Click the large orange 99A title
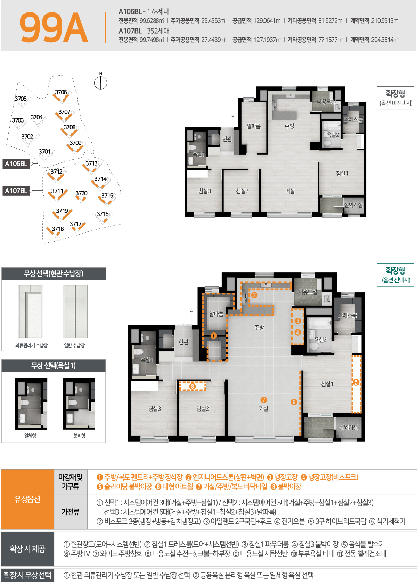(54, 27)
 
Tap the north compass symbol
(100, 83)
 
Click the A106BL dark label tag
(16, 164)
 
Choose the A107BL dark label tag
(16, 191)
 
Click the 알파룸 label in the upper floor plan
(254, 126)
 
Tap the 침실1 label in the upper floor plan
(342, 173)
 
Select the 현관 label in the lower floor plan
(183, 341)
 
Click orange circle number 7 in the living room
(263, 400)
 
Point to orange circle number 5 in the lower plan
(356, 382)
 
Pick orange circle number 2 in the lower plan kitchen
(254, 295)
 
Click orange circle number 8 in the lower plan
(192, 386)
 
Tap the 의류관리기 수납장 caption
(32, 345)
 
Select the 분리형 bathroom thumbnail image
(79, 404)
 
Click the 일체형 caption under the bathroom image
(30, 436)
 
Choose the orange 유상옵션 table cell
(27, 499)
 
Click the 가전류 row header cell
(71, 512)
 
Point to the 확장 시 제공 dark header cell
(27, 549)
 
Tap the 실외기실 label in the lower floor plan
(348, 427)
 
